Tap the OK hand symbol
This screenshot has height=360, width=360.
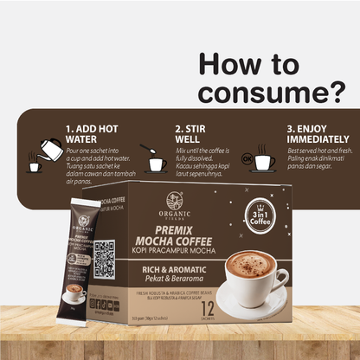[247, 159]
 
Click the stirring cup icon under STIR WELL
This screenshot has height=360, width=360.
[156, 161]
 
